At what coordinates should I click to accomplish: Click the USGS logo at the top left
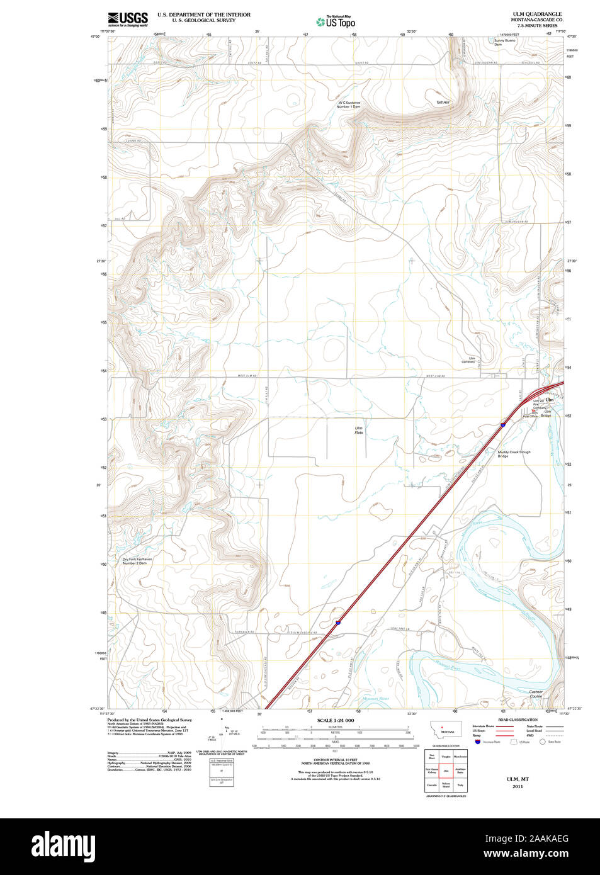pyautogui.click(x=128, y=19)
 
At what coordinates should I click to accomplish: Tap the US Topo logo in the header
pyautogui.click(x=336, y=22)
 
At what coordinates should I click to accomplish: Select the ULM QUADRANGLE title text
pyautogui.click(x=536, y=14)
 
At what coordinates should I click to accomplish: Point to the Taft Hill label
pyautogui.click(x=443, y=102)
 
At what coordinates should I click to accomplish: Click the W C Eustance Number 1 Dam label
pyautogui.click(x=349, y=104)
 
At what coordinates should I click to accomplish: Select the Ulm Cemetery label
pyautogui.click(x=468, y=360)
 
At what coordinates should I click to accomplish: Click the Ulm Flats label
pyautogui.click(x=358, y=430)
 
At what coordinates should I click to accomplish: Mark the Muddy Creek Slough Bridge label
pyautogui.click(x=513, y=454)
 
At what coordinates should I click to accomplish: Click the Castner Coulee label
pyautogui.click(x=535, y=694)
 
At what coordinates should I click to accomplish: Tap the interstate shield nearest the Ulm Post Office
pyautogui.click(x=503, y=425)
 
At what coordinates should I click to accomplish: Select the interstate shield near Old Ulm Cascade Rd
pyautogui.click(x=338, y=623)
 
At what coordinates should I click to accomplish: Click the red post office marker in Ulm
pyautogui.click(x=533, y=410)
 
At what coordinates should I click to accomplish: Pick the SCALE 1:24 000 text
pyautogui.click(x=335, y=720)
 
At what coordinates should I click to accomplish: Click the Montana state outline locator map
pyautogui.click(x=446, y=730)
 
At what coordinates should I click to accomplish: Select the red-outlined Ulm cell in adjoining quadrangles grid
pyautogui.click(x=446, y=771)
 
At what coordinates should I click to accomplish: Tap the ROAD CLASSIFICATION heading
pyautogui.click(x=518, y=720)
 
